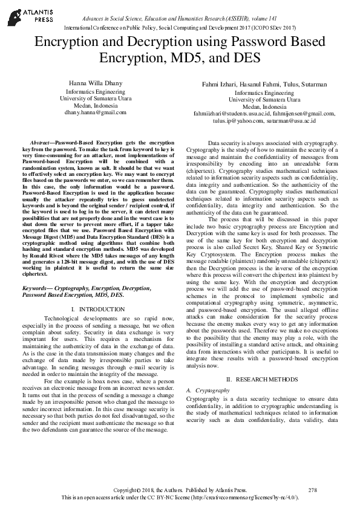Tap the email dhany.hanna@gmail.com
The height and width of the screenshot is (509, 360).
[96, 112]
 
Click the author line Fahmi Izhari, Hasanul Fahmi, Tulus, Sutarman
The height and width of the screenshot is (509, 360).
[264, 84]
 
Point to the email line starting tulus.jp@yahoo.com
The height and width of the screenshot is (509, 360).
[264, 121]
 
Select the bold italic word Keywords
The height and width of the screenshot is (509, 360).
[38, 290]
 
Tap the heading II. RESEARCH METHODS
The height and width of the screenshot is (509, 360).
[264, 379]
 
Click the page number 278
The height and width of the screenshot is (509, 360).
[312, 490]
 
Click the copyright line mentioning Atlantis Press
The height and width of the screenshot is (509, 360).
[180, 490]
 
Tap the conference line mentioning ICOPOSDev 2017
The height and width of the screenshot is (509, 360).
[180, 28]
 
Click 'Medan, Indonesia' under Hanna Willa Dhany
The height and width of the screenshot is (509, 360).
[96, 105]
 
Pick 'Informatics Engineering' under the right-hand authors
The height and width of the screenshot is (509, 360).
[264, 93]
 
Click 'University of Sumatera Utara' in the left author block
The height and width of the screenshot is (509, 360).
[96, 98]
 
